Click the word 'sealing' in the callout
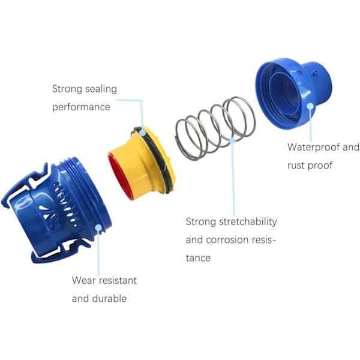(101, 89)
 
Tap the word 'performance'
(81, 107)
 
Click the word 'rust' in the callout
(296, 166)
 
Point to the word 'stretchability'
(248, 221)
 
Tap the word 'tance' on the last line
(198, 258)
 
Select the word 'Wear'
(82, 280)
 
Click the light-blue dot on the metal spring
(232, 140)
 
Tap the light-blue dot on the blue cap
(310, 106)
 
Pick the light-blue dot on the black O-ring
(142, 132)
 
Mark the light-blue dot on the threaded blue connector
(98, 227)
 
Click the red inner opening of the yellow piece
(119, 176)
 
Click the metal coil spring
(215, 128)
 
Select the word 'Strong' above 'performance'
(67, 89)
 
